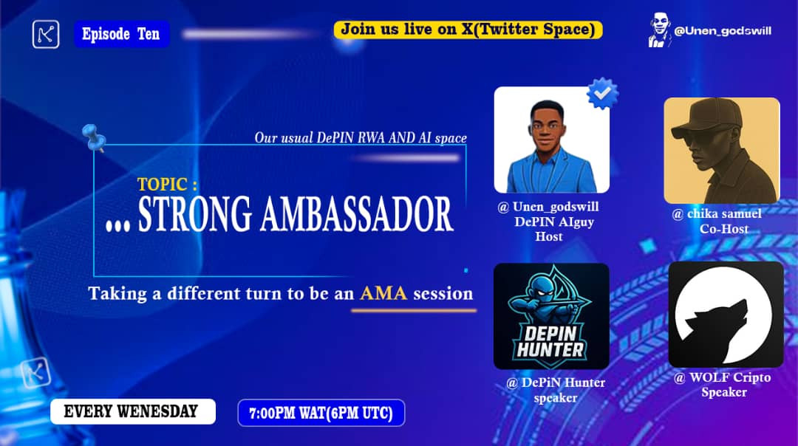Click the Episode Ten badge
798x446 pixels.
click(x=122, y=34)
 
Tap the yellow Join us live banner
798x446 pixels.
click(x=468, y=30)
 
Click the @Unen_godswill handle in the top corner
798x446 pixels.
click(x=723, y=31)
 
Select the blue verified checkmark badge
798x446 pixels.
click(x=603, y=93)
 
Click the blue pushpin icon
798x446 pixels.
click(x=94, y=137)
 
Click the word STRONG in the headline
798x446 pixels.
click(x=195, y=214)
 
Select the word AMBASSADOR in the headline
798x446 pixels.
click(x=357, y=214)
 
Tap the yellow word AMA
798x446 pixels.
click(x=383, y=293)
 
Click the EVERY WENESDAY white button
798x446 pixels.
click(x=133, y=411)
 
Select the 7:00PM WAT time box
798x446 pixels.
click(x=321, y=413)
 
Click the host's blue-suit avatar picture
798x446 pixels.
click(x=552, y=140)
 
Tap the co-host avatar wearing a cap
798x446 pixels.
click(x=722, y=151)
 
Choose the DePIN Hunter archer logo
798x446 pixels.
click(x=551, y=316)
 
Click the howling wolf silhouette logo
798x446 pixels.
click(x=726, y=315)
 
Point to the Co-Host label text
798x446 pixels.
click(x=723, y=229)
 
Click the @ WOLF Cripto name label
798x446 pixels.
click(x=722, y=378)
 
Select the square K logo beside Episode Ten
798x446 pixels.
click(x=46, y=35)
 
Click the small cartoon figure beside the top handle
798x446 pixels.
click(x=660, y=30)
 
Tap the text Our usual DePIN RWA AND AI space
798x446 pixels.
click(x=361, y=138)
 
